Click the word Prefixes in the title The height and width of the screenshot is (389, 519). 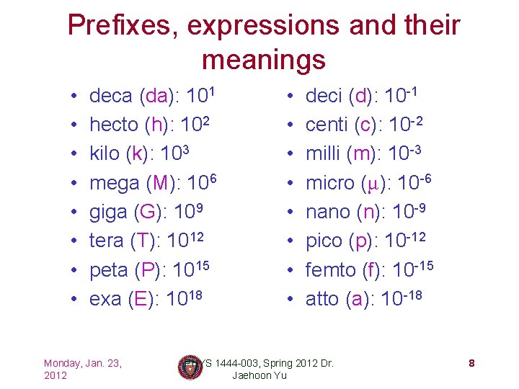pyautogui.click(x=122, y=26)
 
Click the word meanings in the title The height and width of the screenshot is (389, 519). pyautogui.click(x=264, y=59)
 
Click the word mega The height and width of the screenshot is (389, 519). pyautogui.click(x=115, y=183)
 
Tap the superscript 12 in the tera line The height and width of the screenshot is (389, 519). pyautogui.click(x=205, y=236)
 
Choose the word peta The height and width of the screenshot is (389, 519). pyautogui.click(x=109, y=270)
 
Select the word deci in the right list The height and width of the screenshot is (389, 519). pyautogui.click(x=324, y=96)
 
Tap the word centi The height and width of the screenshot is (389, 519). pyautogui.click(x=327, y=125)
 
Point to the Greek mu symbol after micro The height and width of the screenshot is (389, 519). pyautogui.click(x=371, y=184)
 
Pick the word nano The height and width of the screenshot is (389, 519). pyautogui.click(x=328, y=212)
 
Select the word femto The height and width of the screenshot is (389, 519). pyautogui.click(x=332, y=270)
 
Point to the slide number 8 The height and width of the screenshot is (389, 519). pyautogui.click(x=471, y=363)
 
